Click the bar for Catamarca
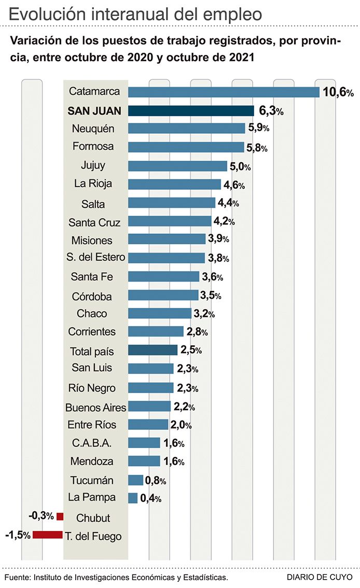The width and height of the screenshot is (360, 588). click(x=224, y=92)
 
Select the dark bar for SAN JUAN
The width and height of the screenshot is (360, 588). click(x=191, y=110)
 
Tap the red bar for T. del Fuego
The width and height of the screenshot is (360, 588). click(x=48, y=535)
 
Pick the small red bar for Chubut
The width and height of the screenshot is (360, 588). click(x=60, y=516)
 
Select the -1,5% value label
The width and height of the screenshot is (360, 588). click(x=17, y=535)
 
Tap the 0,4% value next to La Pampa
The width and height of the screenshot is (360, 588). click(x=150, y=498)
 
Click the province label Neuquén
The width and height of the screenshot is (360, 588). click(x=93, y=129)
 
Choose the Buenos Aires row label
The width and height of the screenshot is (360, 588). click(x=96, y=407)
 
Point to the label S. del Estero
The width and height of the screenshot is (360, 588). click(x=96, y=258)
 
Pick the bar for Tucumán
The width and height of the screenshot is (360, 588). click(x=135, y=480)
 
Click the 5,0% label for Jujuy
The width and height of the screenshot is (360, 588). click(x=240, y=166)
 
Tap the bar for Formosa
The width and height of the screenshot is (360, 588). click(x=186, y=147)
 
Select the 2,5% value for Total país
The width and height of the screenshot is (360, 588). click(x=191, y=350)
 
